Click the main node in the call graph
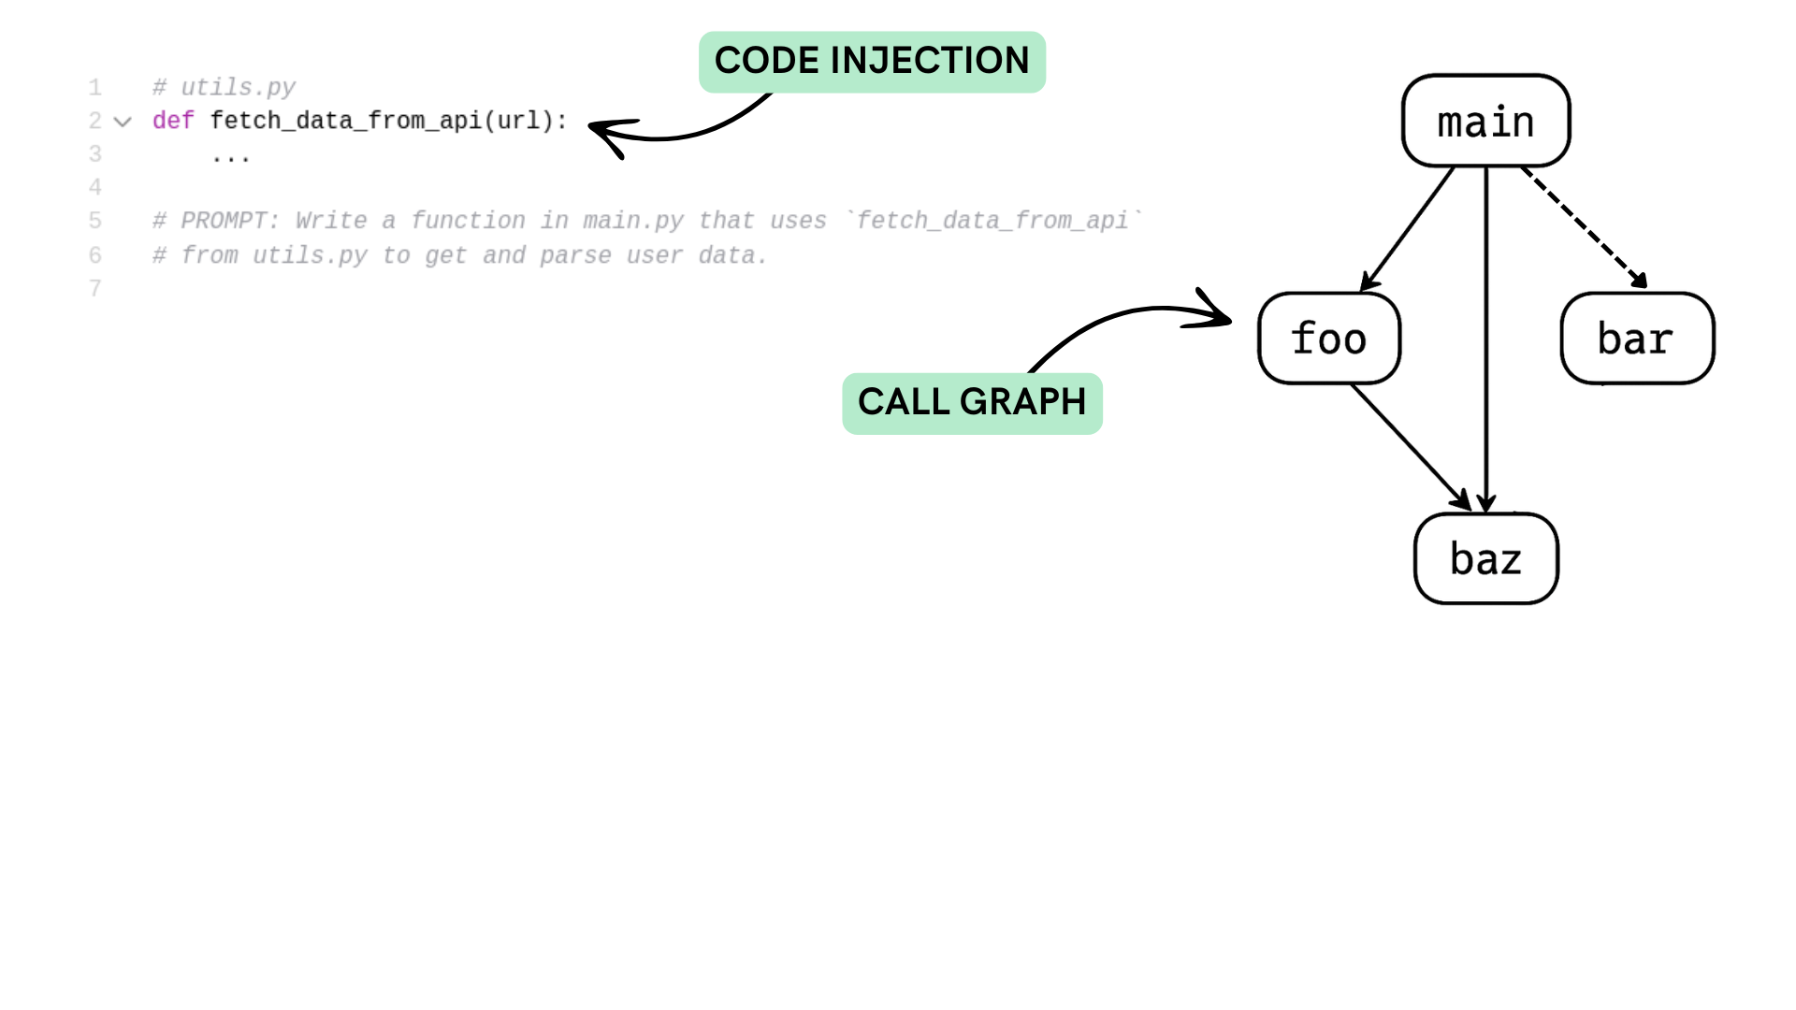tap(1485, 122)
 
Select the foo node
tap(1329, 339)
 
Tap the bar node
tap(1637, 339)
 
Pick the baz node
tap(1485, 558)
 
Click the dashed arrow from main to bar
tap(1585, 227)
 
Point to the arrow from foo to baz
tap(1411, 446)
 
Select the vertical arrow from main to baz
tap(1486, 337)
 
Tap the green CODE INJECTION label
tap(872, 62)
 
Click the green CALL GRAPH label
tap(972, 403)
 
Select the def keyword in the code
tap(173, 121)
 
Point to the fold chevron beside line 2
tap(123, 122)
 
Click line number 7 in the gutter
tap(95, 288)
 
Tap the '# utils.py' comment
tap(224, 87)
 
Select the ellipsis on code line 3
tap(230, 157)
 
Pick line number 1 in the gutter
tap(95, 87)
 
